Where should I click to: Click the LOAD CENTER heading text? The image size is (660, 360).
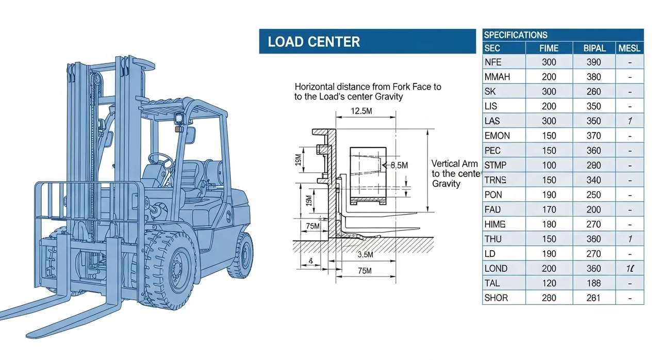pos(313,42)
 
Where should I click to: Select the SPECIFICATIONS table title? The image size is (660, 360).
pos(515,35)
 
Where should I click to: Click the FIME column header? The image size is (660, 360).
pos(549,48)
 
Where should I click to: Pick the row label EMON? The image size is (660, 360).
pos(497,136)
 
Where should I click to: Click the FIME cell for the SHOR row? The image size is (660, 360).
pos(549,298)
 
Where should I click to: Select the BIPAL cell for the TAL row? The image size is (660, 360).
pos(593,283)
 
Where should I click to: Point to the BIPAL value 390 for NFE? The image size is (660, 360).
pos(593,62)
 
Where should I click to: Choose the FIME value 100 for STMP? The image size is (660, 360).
pos(549,165)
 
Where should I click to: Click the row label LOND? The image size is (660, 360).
pos(496,268)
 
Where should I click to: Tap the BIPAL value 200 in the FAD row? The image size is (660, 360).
pos(593,209)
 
